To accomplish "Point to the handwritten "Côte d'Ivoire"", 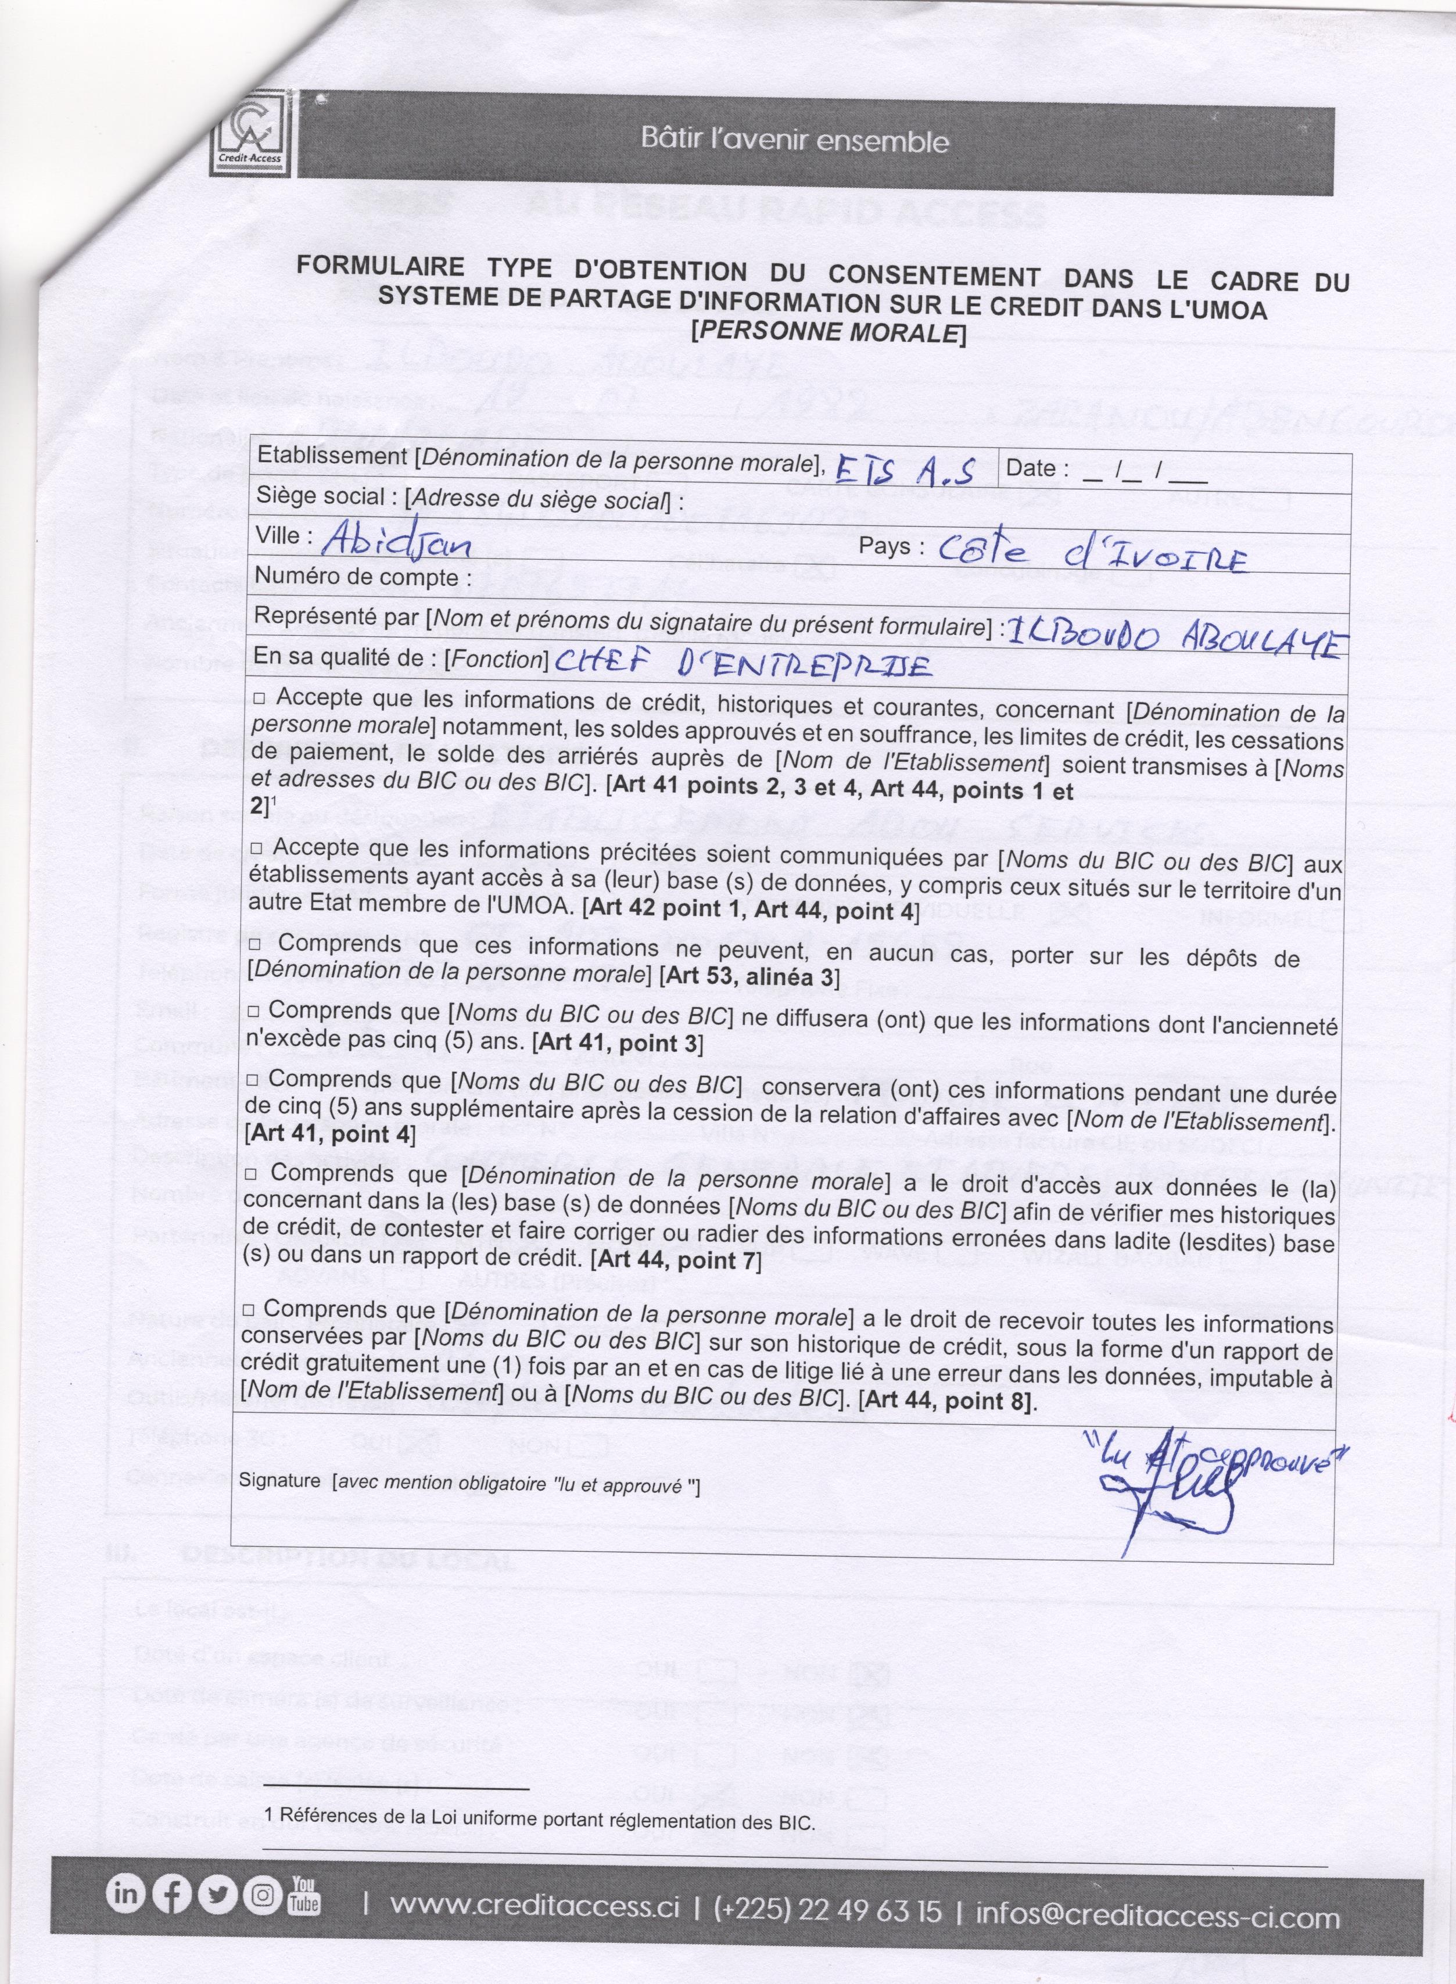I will click(1092, 555).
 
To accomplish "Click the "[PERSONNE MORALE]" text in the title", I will click(829, 333).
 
